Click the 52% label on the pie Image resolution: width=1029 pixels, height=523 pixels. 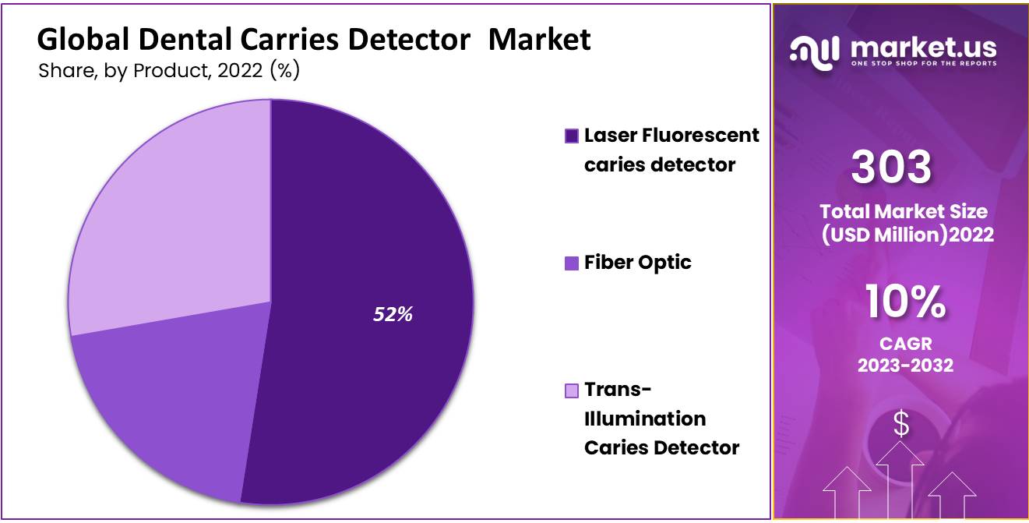pyautogui.click(x=393, y=314)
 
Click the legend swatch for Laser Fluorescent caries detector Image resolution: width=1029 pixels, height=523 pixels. pyautogui.click(x=572, y=136)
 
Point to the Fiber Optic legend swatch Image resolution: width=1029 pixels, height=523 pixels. pyautogui.click(x=572, y=263)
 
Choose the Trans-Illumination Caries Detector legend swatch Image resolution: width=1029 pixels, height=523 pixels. pyautogui.click(x=572, y=390)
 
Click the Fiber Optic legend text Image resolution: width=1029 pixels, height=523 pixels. pyautogui.click(x=638, y=263)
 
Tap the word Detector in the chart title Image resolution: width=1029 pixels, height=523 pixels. pyautogui.click(x=409, y=40)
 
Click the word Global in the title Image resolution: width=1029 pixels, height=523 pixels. pyautogui.click(x=83, y=40)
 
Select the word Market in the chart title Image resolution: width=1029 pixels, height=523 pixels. pyautogui.click(x=539, y=40)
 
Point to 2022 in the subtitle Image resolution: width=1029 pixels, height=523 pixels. pyautogui.click(x=240, y=70)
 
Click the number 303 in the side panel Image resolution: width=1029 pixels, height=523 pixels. pyautogui.click(x=891, y=166)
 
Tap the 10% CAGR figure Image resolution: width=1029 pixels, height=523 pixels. pyautogui.click(x=905, y=302)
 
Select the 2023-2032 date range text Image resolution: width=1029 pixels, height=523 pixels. pyautogui.click(x=905, y=366)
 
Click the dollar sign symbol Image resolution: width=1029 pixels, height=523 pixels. pyautogui.click(x=901, y=423)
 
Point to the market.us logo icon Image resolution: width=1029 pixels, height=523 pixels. pyautogui.click(x=815, y=53)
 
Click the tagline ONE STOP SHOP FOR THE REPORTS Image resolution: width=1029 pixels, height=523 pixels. pyautogui.click(x=924, y=63)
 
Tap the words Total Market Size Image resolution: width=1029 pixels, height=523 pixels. pyautogui.click(x=904, y=211)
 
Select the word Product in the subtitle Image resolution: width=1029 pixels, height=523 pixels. pyautogui.click(x=172, y=70)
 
